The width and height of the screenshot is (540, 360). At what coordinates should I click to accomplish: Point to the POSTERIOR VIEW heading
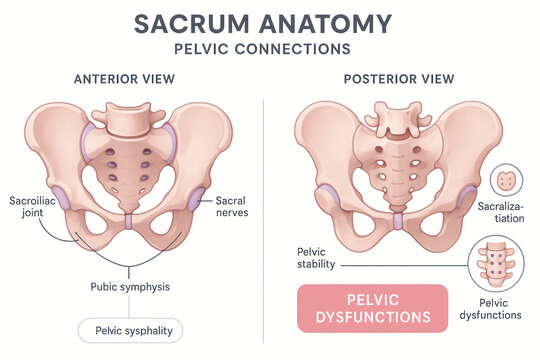pos(398,79)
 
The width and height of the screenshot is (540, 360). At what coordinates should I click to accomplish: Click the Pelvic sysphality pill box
pos(131,331)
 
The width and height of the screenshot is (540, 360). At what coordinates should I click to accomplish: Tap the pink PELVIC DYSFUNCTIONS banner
pos(372,308)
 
